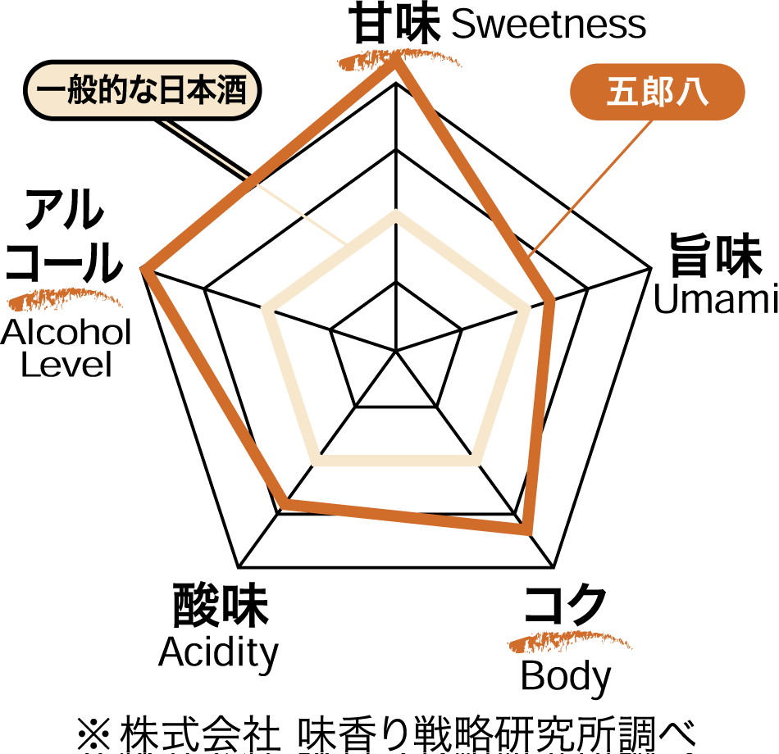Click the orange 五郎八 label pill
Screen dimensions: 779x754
[x=657, y=92]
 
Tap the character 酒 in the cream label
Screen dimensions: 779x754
[x=232, y=90]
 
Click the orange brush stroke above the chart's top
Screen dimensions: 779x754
[x=399, y=57]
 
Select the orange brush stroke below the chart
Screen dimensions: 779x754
[x=570, y=640]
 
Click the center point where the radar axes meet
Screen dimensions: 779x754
[x=396, y=351]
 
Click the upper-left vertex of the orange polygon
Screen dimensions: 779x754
[x=146, y=270]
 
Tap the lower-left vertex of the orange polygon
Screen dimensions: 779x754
[x=285, y=502]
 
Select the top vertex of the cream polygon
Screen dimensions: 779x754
[x=396, y=215]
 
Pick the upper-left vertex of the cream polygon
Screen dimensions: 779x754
[x=267, y=310]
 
